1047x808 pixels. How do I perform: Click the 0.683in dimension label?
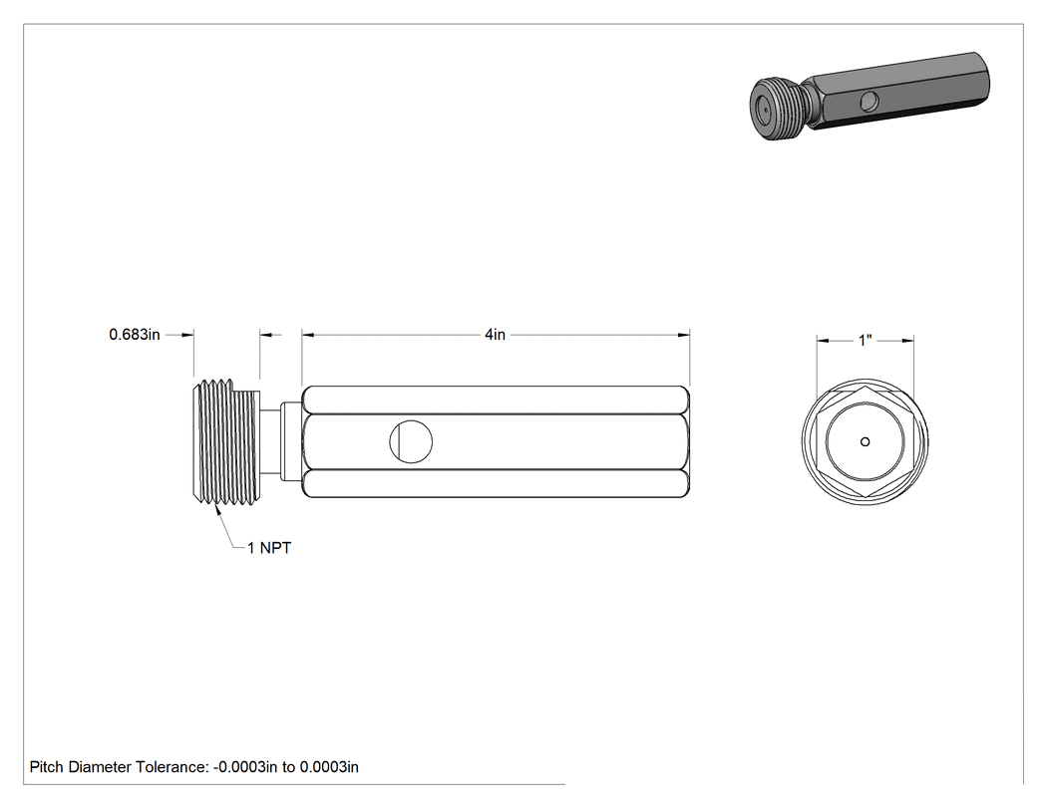pyautogui.click(x=135, y=335)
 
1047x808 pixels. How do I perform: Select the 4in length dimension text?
pyautogui.click(x=495, y=335)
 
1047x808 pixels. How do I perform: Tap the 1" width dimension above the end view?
pyautogui.click(x=865, y=341)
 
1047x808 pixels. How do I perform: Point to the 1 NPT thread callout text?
pyautogui.click(x=269, y=548)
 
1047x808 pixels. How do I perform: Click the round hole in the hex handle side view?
pyautogui.click(x=411, y=441)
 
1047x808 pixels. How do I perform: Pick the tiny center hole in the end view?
pyautogui.click(x=865, y=441)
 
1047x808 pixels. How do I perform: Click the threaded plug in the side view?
pyautogui.click(x=225, y=441)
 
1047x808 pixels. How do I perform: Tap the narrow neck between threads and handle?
pyautogui.click(x=270, y=441)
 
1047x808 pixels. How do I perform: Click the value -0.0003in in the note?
pyautogui.click(x=245, y=767)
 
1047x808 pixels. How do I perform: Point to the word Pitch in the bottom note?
pyautogui.click(x=47, y=767)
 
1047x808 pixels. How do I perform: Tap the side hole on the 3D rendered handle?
pyautogui.click(x=869, y=102)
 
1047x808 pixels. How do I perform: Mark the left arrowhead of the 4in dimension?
pyautogui.click(x=308, y=335)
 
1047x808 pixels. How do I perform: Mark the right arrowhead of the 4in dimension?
pyautogui.click(x=683, y=335)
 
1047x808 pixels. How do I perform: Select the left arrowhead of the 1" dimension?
pyautogui.click(x=823, y=341)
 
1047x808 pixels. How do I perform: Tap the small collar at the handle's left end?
pyautogui.click(x=291, y=441)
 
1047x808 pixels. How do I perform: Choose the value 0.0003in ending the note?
pyautogui.click(x=329, y=767)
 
